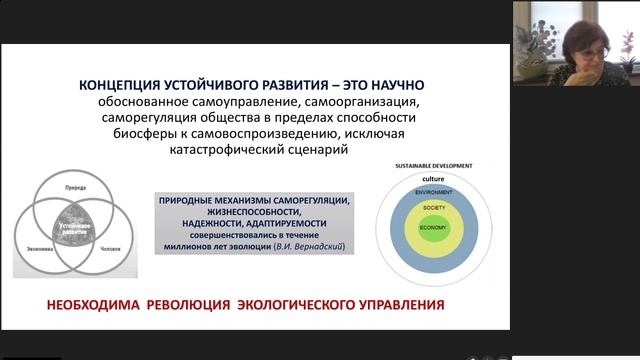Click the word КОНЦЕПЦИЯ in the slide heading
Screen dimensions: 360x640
pyautogui.click(x=125, y=87)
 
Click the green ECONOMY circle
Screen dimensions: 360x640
pyautogui.click(x=433, y=229)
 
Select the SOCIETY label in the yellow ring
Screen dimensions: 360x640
pyautogui.click(x=433, y=207)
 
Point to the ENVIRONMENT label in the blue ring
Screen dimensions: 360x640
pyautogui.click(x=433, y=191)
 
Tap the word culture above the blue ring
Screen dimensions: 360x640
pyautogui.click(x=433, y=178)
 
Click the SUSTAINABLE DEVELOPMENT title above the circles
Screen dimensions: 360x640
pyautogui.click(x=433, y=165)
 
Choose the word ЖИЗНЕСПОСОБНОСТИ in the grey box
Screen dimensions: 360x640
pyautogui.click(x=253, y=213)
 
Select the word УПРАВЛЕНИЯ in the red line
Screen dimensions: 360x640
pyautogui.click(x=396, y=303)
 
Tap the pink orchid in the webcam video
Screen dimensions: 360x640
pyautogui.click(x=628, y=42)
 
